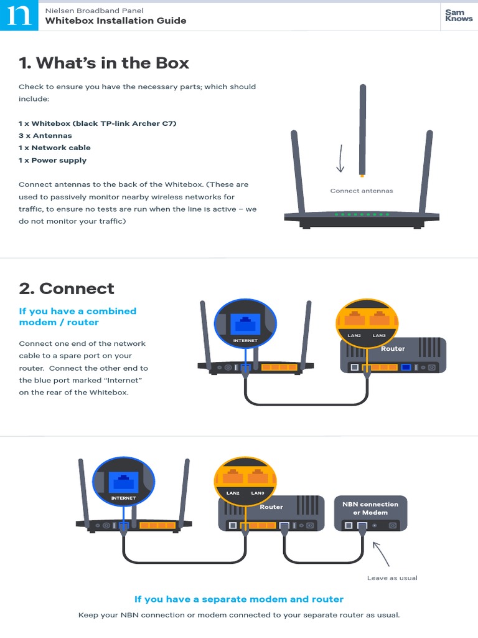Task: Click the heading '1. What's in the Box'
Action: point(104,63)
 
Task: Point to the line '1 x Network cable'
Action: point(55,148)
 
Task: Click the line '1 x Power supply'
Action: point(53,160)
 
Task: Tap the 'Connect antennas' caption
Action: point(362,191)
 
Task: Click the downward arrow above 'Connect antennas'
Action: point(340,158)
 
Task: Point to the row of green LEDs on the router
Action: point(362,214)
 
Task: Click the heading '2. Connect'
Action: point(67,288)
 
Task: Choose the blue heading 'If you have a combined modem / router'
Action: point(78,317)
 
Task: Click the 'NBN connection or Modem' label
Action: point(370,508)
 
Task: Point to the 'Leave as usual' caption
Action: point(392,578)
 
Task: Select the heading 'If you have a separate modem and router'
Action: point(239,599)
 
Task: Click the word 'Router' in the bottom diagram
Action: point(271,507)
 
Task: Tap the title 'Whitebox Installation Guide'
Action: point(116,21)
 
